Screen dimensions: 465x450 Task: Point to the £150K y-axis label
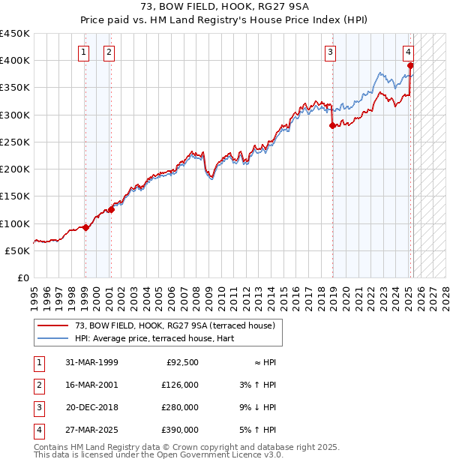[15, 196]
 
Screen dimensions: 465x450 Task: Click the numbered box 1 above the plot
[84, 52]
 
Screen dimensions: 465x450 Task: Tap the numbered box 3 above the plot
[331, 52]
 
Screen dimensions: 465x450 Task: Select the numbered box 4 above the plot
[408, 52]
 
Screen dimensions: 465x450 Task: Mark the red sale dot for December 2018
[331, 126]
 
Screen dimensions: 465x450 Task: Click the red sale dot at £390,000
[410, 66]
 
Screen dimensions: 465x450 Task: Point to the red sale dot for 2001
[110, 209]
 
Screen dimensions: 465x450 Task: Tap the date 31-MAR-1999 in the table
[91, 362]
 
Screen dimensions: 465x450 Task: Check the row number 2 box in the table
[37, 385]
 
